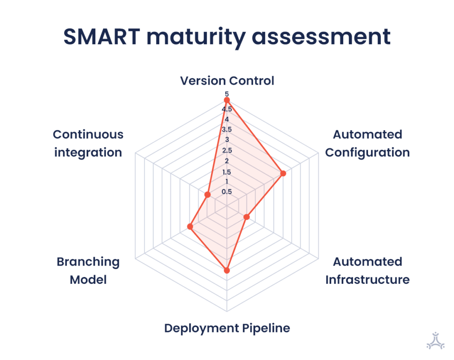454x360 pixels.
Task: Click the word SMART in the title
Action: click(102, 37)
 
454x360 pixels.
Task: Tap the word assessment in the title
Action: click(321, 37)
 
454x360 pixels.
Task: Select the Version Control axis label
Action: click(227, 81)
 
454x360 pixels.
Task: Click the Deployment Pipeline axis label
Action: click(227, 329)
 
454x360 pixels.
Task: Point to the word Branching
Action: click(88, 262)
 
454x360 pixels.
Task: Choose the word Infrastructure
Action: click(368, 280)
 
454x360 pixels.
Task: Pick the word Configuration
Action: click(368, 153)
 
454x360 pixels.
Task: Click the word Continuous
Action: click(88, 134)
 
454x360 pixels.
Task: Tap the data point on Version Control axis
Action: click(227, 100)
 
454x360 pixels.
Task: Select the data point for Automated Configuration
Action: click(283, 173)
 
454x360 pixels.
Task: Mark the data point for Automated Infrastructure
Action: click(247, 217)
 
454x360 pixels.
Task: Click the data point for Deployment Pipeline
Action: click(227, 270)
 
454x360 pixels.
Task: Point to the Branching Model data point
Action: click(190, 227)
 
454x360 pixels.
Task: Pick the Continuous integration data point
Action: click(207, 195)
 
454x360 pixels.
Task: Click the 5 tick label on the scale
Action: click(227, 94)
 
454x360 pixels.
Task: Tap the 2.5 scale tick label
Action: click(227, 150)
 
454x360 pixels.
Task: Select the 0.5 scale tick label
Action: click(227, 192)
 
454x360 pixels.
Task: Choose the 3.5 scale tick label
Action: click(227, 129)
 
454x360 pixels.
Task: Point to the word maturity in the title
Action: click(196, 37)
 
